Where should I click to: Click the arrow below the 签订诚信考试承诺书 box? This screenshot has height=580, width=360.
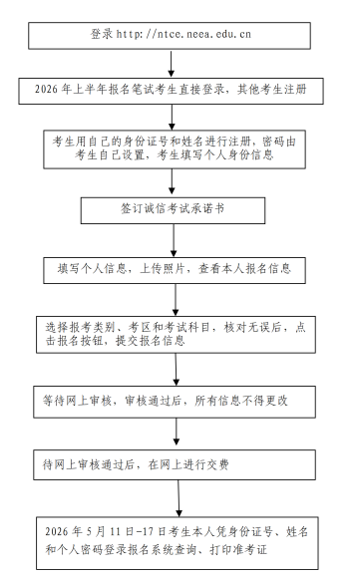click(x=176, y=240)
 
